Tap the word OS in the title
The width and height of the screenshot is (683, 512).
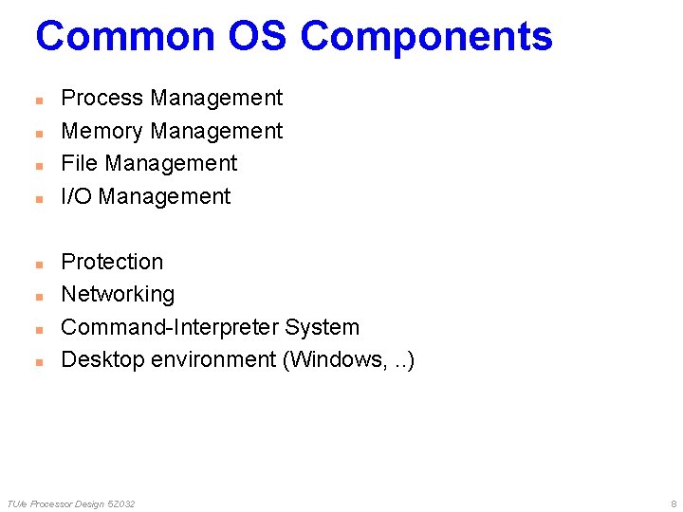pyautogui.click(x=258, y=37)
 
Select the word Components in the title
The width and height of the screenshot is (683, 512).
pyautogui.click(x=426, y=37)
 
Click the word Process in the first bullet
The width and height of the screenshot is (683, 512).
pyautogui.click(x=102, y=99)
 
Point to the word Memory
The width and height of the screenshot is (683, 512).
pyautogui.click(x=102, y=131)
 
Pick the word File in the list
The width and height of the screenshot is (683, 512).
pyautogui.click(x=80, y=164)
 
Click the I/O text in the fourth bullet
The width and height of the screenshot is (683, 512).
pyautogui.click(x=76, y=196)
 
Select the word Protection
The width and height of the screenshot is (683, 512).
pyautogui.click(x=112, y=262)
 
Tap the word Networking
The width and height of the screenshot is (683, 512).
pyautogui.click(x=118, y=295)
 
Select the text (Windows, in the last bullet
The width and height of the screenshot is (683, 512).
pyautogui.click(x=331, y=360)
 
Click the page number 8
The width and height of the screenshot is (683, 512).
pyautogui.click(x=674, y=503)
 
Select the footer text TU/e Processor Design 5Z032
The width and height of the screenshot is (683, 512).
pyautogui.click(x=71, y=503)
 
